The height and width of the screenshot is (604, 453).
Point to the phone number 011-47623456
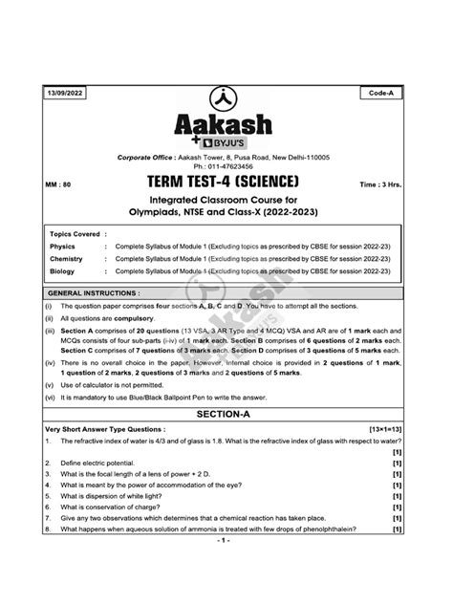pyautogui.click(x=235, y=165)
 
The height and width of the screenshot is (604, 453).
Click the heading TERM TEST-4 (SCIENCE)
pyautogui.click(x=226, y=182)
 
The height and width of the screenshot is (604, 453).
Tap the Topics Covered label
pyautogui.click(x=77, y=232)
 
